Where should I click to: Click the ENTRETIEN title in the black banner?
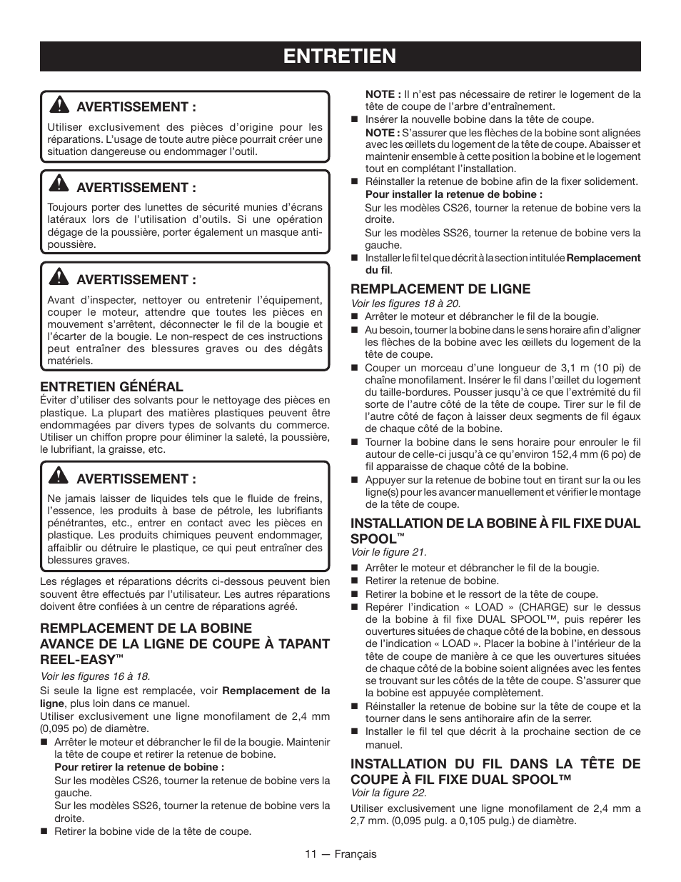point(340,56)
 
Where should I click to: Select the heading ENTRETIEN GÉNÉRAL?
point(112,386)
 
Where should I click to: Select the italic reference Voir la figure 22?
point(388,793)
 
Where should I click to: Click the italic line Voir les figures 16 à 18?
point(95,676)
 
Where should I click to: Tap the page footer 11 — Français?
point(340,853)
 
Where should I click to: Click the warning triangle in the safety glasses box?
point(59,186)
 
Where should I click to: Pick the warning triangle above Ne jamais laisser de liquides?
point(59,477)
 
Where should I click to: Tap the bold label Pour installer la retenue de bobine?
point(454,194)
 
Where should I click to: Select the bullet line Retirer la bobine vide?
point(153,831)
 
